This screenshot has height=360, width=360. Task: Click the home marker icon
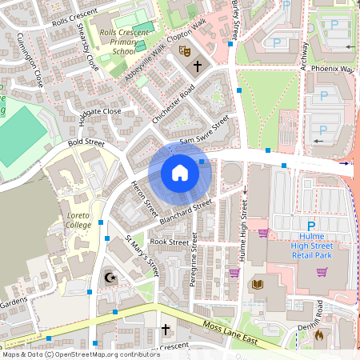[x=179, y=173]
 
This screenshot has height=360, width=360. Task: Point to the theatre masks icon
[x=184, y=51]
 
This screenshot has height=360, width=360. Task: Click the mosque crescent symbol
[x=110, y=278]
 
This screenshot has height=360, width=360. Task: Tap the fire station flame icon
[x=318, y=334]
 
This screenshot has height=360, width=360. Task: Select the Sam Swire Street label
[x=204, y=130]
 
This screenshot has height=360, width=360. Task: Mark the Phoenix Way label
[x=334, y=69]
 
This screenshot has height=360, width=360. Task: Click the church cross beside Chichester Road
[x=197, y=66]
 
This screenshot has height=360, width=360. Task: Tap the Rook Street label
[x=169, y=241]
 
